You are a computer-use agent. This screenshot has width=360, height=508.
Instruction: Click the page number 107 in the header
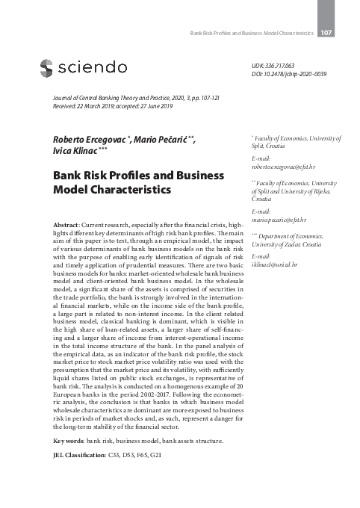point(326,33)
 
